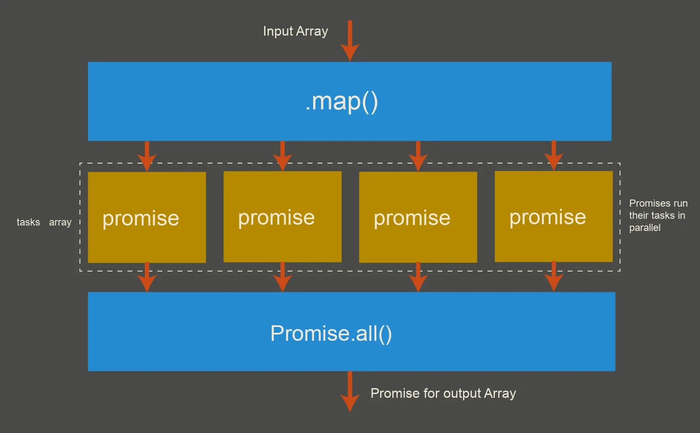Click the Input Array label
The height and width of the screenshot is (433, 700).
pos(295,31)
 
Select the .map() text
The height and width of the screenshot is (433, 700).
pos(341,102)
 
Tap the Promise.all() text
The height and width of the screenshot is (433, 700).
pos(331,334)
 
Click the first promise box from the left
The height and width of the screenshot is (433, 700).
pos(147,218)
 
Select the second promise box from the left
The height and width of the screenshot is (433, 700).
pos(282,217)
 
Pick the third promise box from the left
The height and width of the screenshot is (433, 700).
pos(418,218)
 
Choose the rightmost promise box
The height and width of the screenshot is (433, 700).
pos(553,217)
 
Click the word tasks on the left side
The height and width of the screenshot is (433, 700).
pos(28,222)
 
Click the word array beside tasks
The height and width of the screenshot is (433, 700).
pos(60,223)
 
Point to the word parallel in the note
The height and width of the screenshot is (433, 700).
pos(644,228)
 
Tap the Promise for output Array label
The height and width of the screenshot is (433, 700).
pos(443,393)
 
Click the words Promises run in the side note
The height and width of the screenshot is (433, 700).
pos(658,203)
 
